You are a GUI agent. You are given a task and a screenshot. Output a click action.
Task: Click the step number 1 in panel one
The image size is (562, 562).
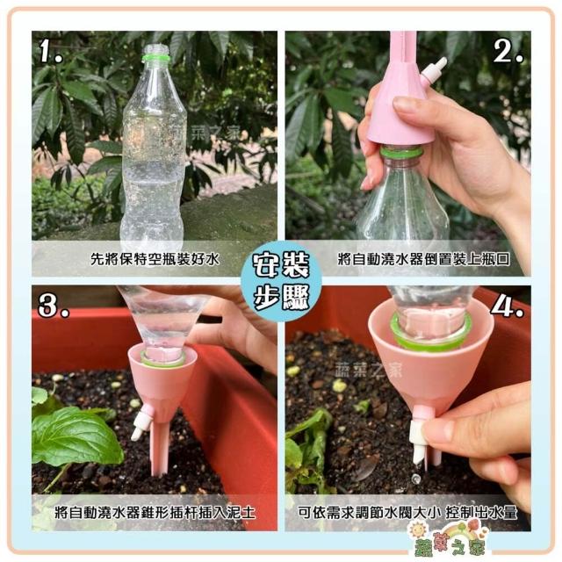pos(51,51)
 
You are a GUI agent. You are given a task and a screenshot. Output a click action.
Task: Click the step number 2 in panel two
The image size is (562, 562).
pos(508,49)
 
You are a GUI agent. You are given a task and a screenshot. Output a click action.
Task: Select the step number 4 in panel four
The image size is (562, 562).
pos(507,306)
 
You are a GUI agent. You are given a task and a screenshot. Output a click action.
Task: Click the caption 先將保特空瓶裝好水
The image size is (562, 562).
pos(155,259)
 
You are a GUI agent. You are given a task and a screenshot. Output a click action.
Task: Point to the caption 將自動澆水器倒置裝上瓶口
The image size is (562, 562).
pos(423,259)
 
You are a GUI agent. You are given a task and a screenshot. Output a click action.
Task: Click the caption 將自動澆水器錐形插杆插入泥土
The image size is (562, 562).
pos(155,513)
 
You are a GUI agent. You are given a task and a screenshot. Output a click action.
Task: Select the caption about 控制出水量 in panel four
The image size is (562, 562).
pos(407,513)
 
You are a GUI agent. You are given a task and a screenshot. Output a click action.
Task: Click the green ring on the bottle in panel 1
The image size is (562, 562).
pos(155,58)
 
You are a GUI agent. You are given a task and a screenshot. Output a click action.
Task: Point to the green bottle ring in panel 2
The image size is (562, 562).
pos(401,153)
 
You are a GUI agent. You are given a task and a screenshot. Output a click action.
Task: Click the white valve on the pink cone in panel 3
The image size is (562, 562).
pos(140,421)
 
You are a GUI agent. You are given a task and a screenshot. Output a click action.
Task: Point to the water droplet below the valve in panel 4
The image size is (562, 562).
pos(415,478)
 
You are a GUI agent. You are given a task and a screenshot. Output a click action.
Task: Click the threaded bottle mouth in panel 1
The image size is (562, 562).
pos(155,49)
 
